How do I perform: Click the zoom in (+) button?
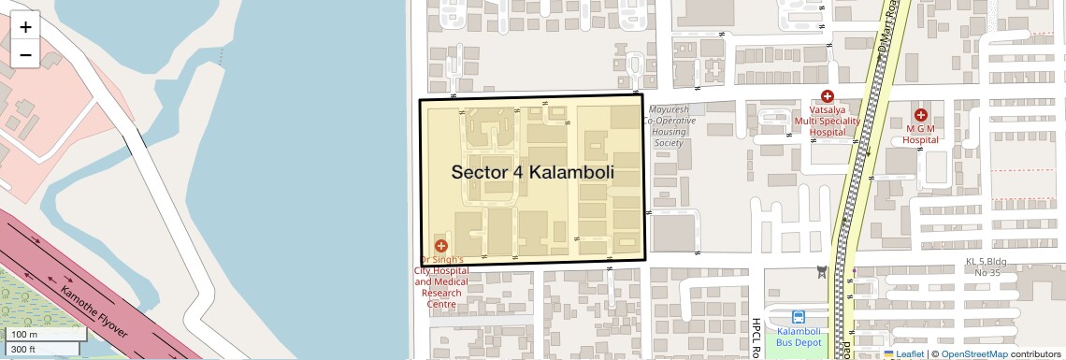coord(25,27)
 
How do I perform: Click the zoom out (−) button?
coord(25,54)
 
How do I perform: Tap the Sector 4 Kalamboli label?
coord(532,172)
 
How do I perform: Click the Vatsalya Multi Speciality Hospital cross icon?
coord(827,96)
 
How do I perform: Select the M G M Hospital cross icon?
coord(920,114)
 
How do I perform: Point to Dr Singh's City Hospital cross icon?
coord(441,246)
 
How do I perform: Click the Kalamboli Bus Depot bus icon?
coord(799,317)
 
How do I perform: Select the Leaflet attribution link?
coord(903,353)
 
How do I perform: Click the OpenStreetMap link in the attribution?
coord(973,353)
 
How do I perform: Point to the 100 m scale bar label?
coord(24,335)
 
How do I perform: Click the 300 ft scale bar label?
coord(24,349)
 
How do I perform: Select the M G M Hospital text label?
coord(920,134)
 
